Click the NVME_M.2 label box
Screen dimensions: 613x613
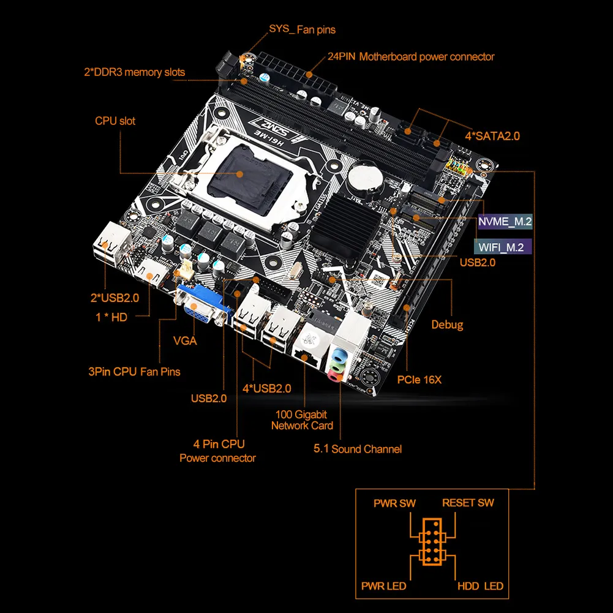pyautogui.click(x=505, y=221)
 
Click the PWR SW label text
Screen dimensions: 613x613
pyautogui.click(x=394, y=503)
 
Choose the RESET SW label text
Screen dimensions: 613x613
pyautogui.click(x=468, y=503)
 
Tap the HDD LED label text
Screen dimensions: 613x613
pyautogui.click(x=480, y=586)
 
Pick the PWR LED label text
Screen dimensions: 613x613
pyautogui.click(x=383, y=586)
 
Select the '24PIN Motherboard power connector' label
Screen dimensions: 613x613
pyautogui.click(x=410, y=56)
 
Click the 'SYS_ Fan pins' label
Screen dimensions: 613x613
pyautogui.click(x=302, y=29)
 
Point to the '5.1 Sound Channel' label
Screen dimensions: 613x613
pyautogui.click(x=358, y=449)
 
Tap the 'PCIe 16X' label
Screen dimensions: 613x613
pyautogui.click(x=419, y=380)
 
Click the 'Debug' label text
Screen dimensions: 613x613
pyautogui.click(x=447, y=325)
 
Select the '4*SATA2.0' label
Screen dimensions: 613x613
pyautogui.click(x=492, y=136)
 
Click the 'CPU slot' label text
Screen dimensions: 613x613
pyautogui.click(x=115, y=121)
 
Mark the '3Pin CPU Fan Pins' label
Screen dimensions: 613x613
pyautogui.click(x=134, y=371)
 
